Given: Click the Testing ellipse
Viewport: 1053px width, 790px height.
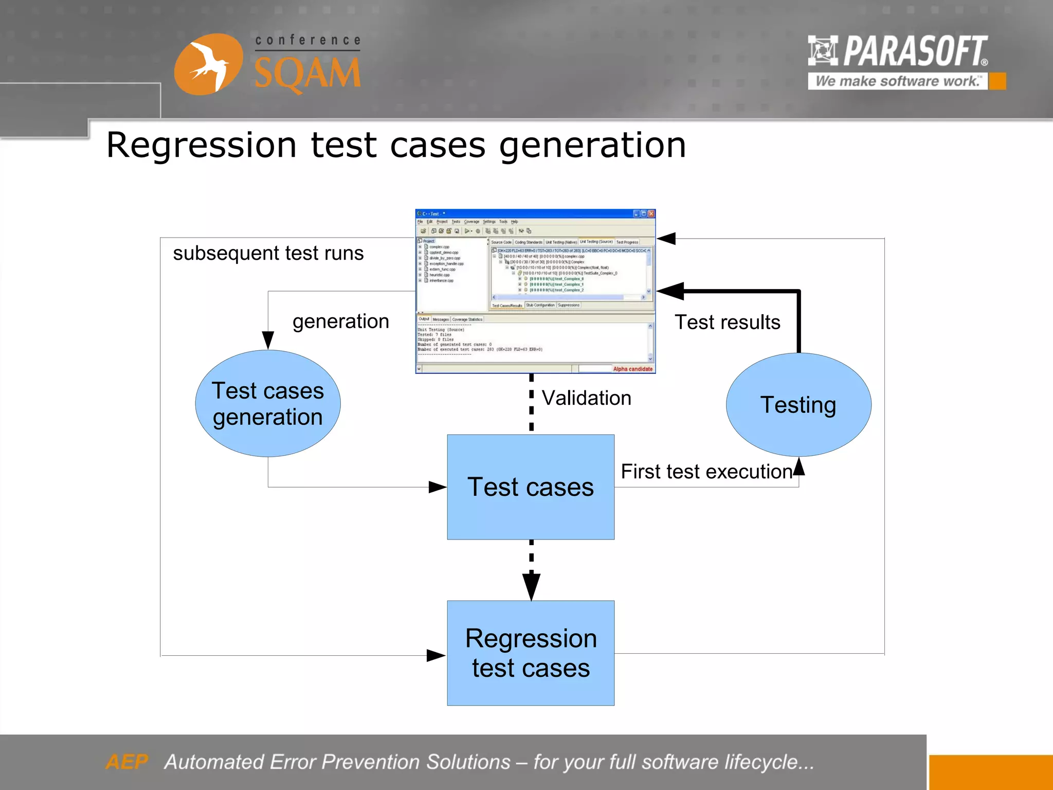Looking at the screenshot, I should tap(798, 405).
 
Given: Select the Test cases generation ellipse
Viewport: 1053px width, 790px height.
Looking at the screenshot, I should tap(267, 404).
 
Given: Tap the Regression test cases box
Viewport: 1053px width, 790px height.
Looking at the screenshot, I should tap(531, 653).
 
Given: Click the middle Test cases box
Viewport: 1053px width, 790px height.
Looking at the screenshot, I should tap(531, 487).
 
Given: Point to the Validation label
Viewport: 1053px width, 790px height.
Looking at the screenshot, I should tap(586, 398).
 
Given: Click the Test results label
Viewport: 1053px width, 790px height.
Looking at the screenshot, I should tap(727, 322).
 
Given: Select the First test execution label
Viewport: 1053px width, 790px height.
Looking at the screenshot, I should tap(706, 472).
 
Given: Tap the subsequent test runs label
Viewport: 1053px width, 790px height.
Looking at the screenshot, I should tap(268, 253).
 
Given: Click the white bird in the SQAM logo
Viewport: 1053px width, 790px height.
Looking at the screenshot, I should tap(209, 64).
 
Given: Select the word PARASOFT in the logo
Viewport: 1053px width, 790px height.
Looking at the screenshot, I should tap(915, 51).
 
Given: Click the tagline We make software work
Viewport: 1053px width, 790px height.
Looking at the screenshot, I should tap(897, 81).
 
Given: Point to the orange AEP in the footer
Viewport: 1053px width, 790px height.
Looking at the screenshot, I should tap(126, 762).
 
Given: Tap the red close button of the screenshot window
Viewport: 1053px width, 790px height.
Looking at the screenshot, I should tap(651, 213).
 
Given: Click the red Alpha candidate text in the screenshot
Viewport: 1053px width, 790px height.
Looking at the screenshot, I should tap(632, 369).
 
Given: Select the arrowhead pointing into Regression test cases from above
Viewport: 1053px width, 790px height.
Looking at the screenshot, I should tap(531, 586).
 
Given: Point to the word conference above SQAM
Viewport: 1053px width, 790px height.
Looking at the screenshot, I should tap(308, 40).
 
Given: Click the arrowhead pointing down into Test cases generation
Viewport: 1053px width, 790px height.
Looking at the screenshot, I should tap(268, 339).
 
